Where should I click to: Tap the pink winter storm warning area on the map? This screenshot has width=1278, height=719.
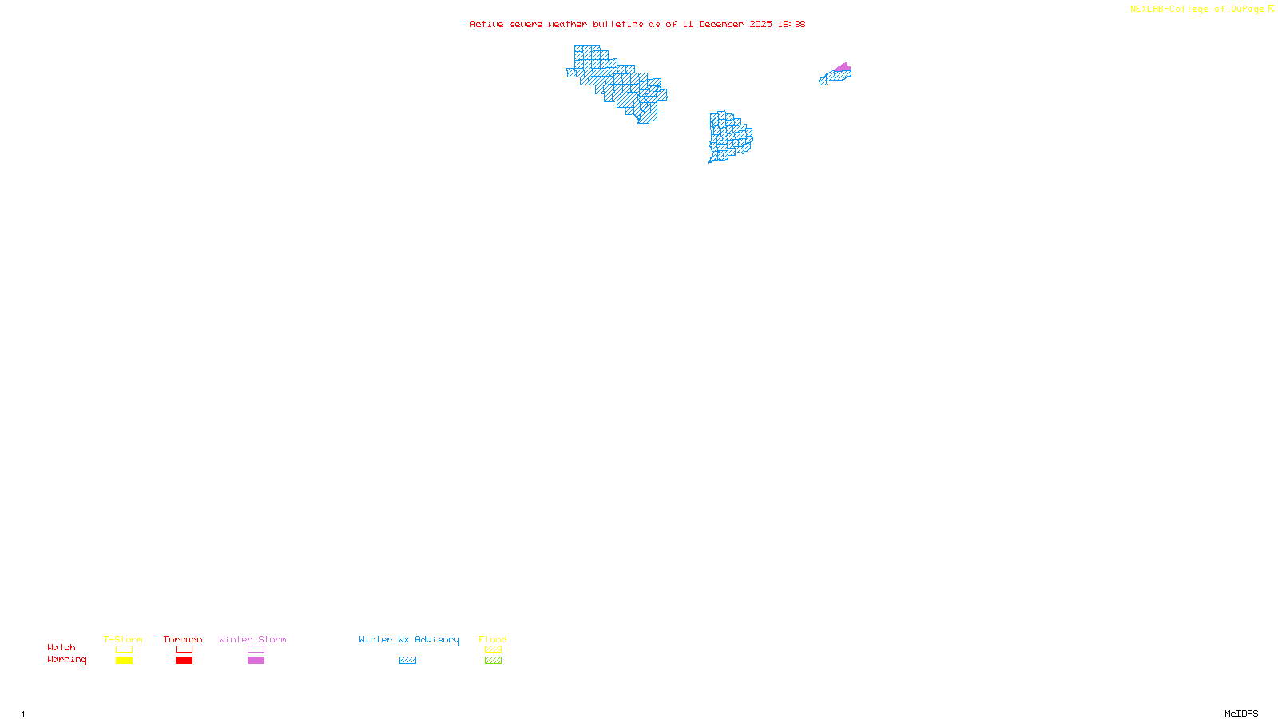coord(843,67)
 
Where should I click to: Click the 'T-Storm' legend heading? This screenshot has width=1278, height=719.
coord(123,639)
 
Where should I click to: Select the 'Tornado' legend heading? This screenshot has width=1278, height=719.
coord(183,639)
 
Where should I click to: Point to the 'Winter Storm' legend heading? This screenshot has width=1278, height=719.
coord(252,639)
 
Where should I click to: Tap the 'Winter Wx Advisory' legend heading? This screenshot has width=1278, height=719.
coord(409,639)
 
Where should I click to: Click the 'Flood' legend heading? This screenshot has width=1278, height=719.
coord(493,639)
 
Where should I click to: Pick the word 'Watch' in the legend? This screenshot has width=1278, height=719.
coord(62,647)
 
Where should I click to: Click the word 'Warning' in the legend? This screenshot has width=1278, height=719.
coord(66,660)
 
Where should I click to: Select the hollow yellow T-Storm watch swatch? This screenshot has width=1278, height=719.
coord(124,649)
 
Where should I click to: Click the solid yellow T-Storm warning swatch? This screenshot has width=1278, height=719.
coord(124,661)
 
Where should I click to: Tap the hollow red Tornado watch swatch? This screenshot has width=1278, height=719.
coord(184,649)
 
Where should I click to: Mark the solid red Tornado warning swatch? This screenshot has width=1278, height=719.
coord(184,661)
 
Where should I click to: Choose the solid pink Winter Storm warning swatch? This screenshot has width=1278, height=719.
coord(256,661)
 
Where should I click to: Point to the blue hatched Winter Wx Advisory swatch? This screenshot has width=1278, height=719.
coord(407,661)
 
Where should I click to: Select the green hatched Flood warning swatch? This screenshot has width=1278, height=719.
coord(493,661)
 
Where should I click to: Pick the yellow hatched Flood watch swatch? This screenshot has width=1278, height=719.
coord(493,649)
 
